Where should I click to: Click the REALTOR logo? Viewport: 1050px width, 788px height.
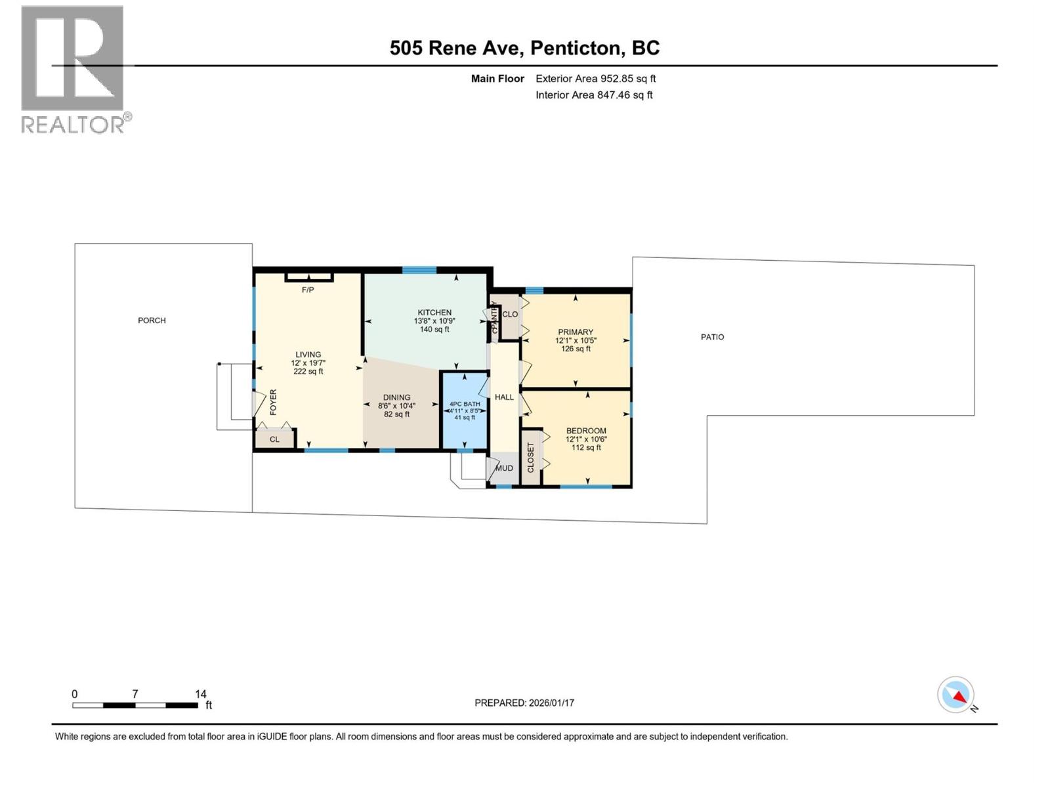point(73,69)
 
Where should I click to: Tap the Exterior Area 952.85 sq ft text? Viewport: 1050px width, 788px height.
point(595,79)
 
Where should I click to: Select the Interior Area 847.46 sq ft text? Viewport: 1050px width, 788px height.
point(594,95)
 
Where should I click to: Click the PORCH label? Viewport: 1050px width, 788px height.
point(152,320)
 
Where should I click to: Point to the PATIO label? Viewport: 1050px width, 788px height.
point(712,337)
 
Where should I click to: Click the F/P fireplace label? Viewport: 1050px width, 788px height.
point(308,290)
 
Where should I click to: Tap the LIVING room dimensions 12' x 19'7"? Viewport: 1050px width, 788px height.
point(308,363)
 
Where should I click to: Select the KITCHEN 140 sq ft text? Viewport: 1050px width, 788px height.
point(434,330)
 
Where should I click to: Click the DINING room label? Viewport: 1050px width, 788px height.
point(396,397)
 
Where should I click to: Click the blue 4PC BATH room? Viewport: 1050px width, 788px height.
point(465,410)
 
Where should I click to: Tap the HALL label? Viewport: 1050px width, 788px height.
point(504,397)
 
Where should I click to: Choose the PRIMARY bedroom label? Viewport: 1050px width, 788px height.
point(576,332)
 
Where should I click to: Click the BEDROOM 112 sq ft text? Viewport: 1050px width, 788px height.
point(586,448)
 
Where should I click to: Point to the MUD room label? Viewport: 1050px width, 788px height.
point(504,468)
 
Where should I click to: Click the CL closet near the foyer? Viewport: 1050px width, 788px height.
point(274,439)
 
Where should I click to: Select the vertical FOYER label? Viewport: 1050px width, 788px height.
point(273,402)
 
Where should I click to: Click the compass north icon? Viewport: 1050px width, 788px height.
point(956,695)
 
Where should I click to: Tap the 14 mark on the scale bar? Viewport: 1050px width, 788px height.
point(200,694)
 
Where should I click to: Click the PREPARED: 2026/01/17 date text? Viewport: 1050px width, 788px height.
point(524,703)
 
